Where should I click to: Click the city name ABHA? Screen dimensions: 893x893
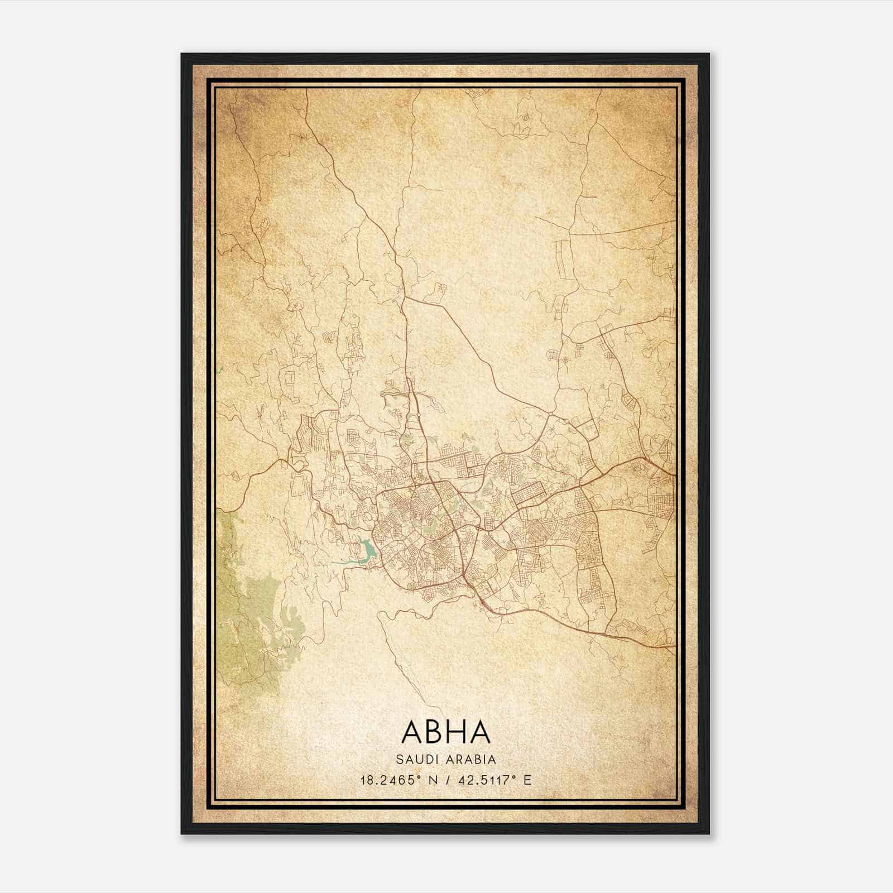click(x=445, y=732)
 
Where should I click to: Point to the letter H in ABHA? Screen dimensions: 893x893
click(x=456, y=732)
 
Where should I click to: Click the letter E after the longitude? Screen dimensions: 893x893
click(x=527, y=780)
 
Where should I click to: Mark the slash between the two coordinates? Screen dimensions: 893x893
click(x=449, y=780)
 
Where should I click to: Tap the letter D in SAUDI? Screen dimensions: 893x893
click(x=425, y=760)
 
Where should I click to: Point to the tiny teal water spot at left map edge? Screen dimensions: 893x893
click(x=221, y=369)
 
